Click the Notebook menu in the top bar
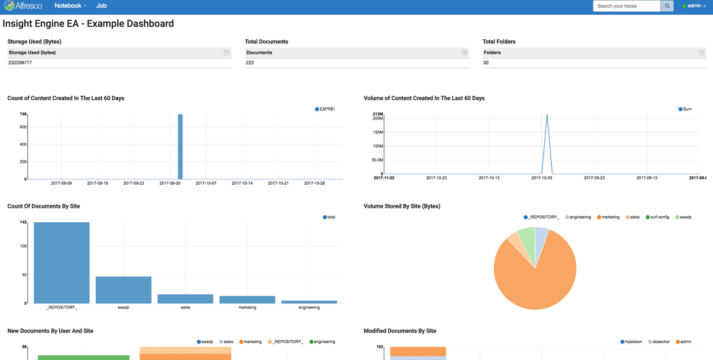[x=70, y=6]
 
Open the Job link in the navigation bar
[x=102, y=6]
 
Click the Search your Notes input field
[x=626, y=6]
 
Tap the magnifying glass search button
[x=667, y=6]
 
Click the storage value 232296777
[x=20, y=62]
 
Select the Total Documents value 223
[x=250, y=62]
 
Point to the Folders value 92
[x=486, y=62]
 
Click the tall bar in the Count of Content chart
[x=180, y=146]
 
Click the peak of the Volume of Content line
[x=547, y=115]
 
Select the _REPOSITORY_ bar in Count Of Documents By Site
[x=62, y=263]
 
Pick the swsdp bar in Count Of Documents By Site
[x=124, y=290]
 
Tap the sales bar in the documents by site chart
[x=185, y=299]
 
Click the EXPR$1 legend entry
[x=325, y=109]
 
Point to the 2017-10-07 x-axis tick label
[x=206, y=183]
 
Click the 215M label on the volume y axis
[x=377, y=113]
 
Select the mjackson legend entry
[x=631, y=342]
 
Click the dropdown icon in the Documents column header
[x=464, y=53]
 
